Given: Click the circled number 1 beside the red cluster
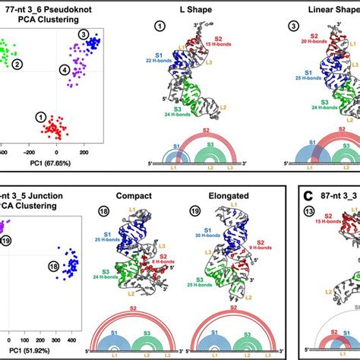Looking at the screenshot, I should (40, 116).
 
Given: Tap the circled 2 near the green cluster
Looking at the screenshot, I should (36, 66).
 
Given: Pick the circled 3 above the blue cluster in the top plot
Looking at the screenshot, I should (83, 36).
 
